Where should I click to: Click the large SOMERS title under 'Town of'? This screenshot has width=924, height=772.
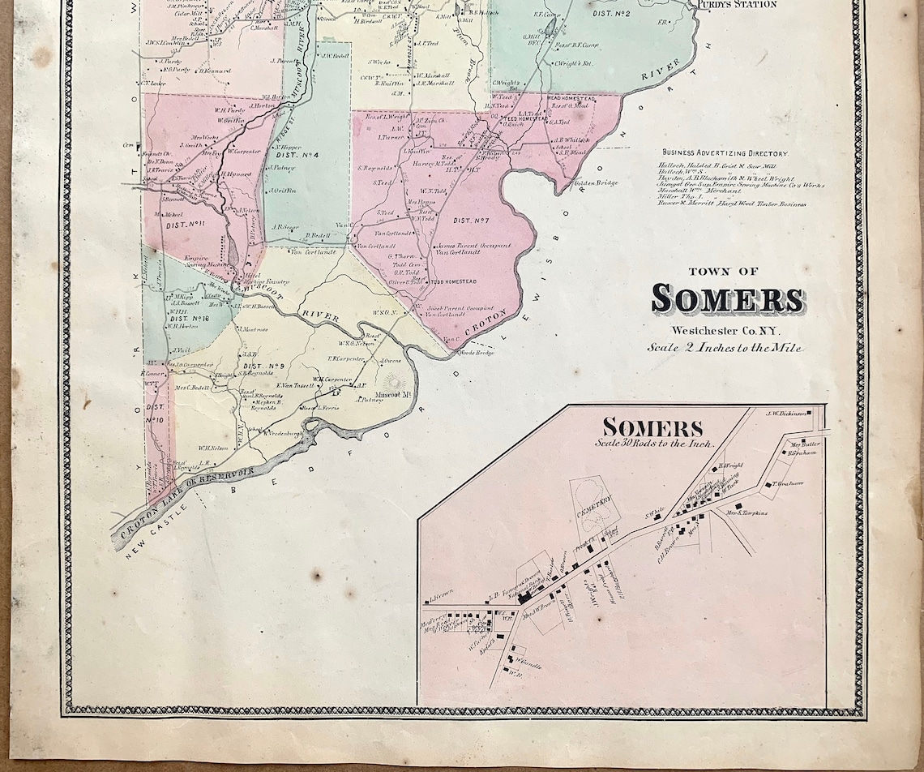coord(728,299)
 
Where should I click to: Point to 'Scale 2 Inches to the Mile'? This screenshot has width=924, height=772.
coord(725,347)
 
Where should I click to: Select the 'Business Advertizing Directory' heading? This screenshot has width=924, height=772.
coord(724,152)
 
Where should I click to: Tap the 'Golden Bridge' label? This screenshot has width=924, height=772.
coord(597,182)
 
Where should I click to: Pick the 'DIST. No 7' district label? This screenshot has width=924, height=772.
coord(468,221)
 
